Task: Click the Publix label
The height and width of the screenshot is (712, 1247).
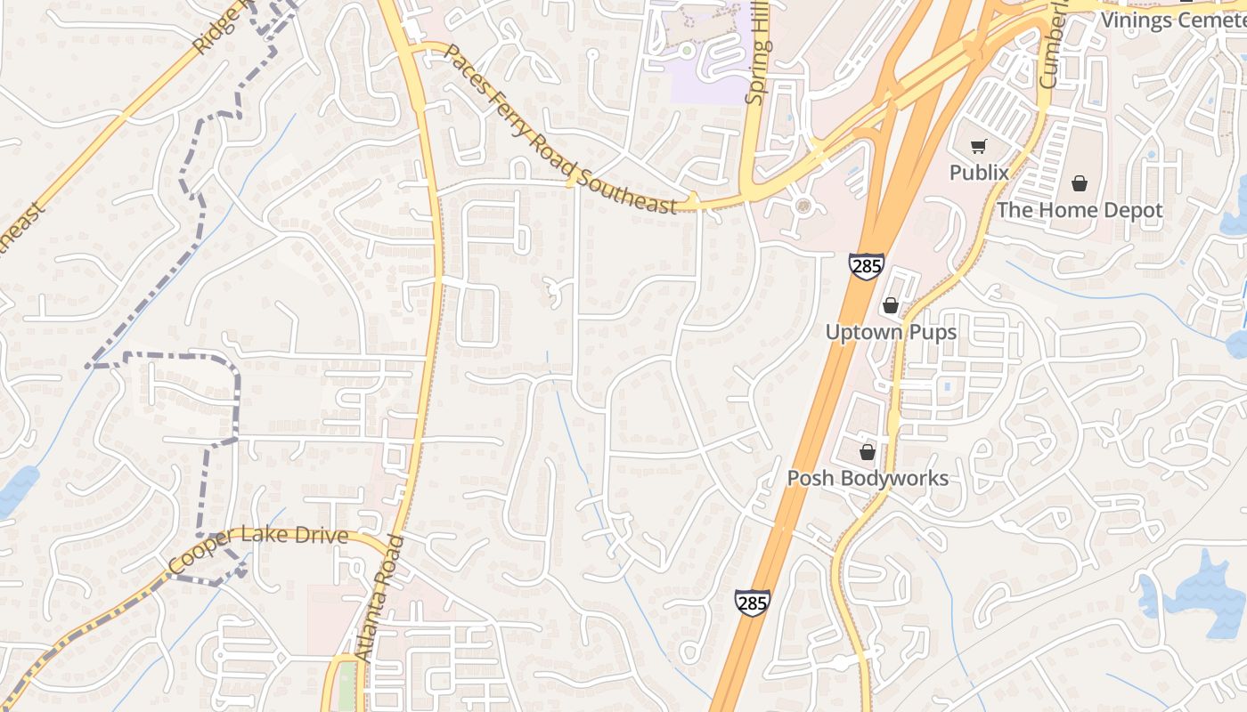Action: [979, 173]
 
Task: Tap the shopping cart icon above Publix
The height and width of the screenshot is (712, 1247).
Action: [979, 147]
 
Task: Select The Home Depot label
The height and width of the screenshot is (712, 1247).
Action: [1080, 210]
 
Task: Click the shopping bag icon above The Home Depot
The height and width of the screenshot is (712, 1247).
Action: [1080, 183]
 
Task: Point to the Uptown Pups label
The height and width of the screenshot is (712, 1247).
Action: [891, 332]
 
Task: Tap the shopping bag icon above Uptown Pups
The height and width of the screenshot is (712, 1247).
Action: [891, 306]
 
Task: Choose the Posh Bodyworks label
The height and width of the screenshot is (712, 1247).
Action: [868, 478]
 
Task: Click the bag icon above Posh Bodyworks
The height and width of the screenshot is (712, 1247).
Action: [868, 452]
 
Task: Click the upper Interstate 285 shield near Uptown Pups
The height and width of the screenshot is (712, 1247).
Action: [866, 265]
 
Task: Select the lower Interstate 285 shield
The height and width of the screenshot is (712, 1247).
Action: [752, 603]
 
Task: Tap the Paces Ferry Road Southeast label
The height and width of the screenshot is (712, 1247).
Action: [559, 129]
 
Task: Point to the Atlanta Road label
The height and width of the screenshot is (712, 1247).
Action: [379, 598]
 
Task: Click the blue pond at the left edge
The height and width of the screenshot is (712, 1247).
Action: [16, 490]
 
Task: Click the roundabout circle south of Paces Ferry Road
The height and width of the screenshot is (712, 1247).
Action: [804, 206]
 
